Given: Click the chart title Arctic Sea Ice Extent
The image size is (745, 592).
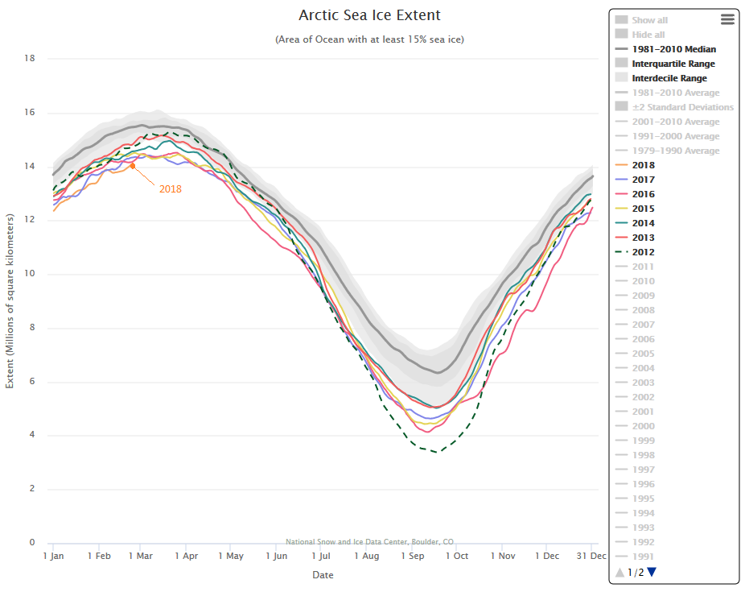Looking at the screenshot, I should click(x=369, y=15).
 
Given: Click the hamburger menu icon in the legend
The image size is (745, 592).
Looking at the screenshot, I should click(x=727, y=19).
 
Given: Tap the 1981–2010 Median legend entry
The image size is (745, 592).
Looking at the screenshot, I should click(x=673, y=49).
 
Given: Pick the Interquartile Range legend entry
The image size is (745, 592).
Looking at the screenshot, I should click(x=673, y=64).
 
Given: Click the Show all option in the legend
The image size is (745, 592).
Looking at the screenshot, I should click(x=649, y=20).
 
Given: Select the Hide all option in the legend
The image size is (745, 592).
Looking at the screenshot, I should click(x=648, y=35).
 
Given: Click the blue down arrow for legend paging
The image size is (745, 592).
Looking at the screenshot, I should click(x=652, y=572).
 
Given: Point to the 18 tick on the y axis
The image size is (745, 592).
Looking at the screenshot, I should click(x=30, y=58).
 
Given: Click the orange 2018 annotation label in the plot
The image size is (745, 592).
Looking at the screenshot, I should click(x=170, y=189).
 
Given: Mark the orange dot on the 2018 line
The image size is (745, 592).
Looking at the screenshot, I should click(x=133, y=166).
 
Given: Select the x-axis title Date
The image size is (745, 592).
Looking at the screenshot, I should click(x=323, y=575).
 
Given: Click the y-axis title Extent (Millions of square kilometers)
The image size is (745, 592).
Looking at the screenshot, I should click(x=10, y=301).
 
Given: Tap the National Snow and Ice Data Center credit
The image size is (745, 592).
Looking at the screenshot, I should click(x=369, y=542).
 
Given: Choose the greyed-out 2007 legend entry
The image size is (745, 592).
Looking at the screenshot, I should click(x=643, y=325).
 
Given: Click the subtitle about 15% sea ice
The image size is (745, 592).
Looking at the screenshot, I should click(x=369, y=39).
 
